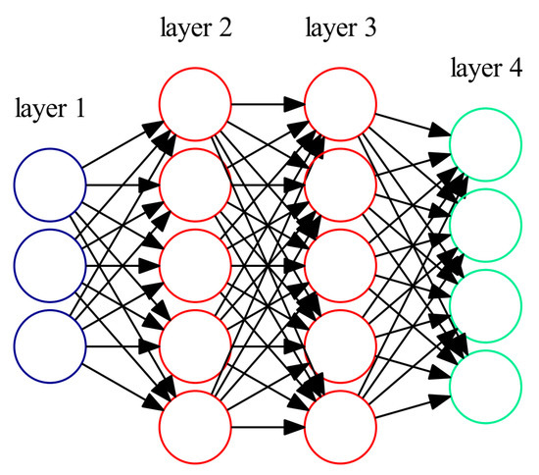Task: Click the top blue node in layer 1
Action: coord(50,185)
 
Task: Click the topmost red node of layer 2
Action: coord(195,102)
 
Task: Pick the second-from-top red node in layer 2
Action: coord(195,185)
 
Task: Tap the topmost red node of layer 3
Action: coord(340,102)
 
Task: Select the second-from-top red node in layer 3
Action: coord(340,185)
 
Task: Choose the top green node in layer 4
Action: coord(485,143)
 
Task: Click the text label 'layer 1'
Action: coord(50,109)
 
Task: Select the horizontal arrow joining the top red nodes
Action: coord(268,102)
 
